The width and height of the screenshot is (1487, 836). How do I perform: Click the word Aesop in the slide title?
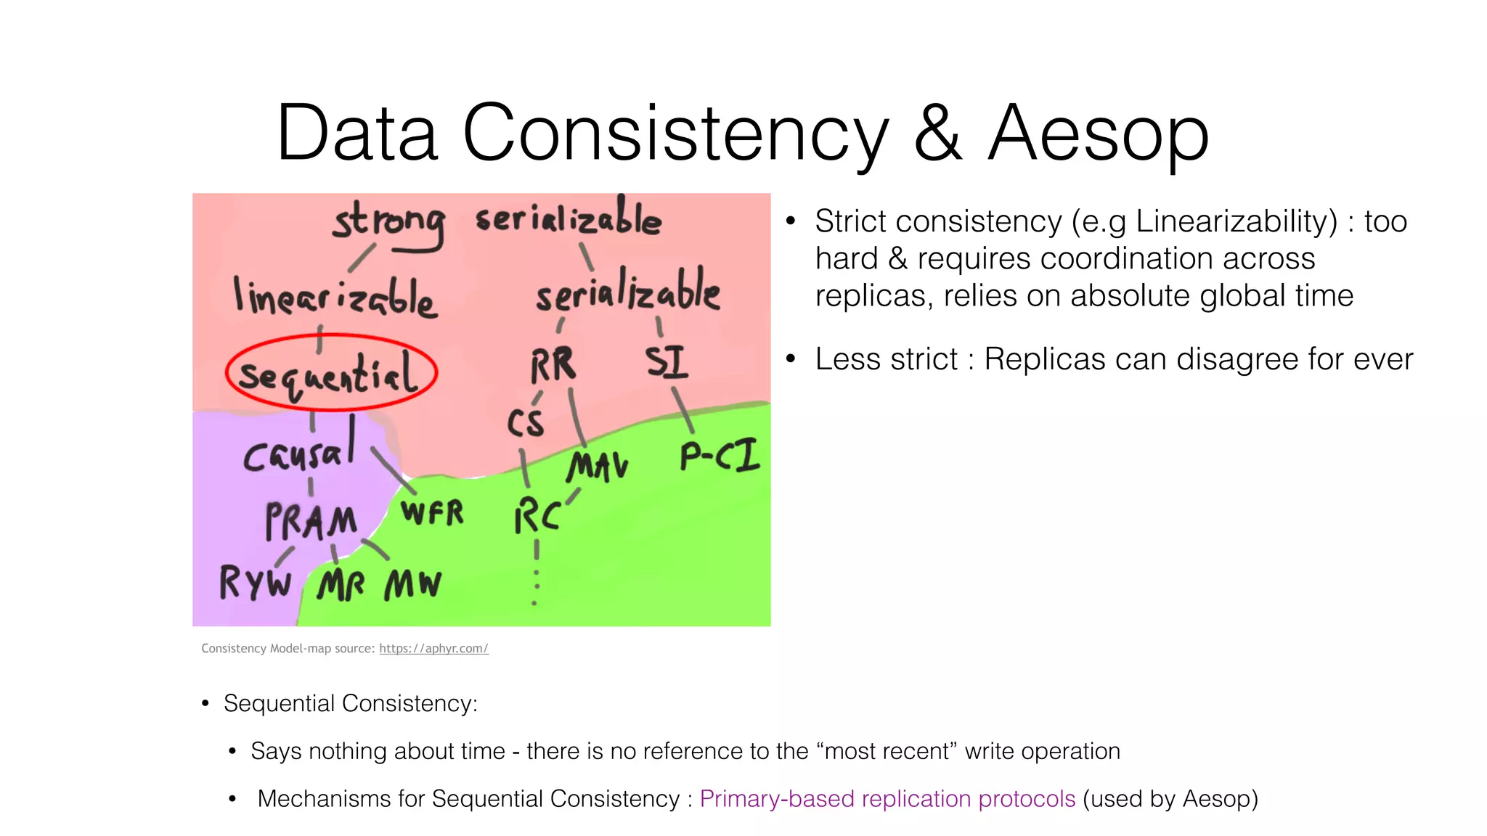[1098, 134]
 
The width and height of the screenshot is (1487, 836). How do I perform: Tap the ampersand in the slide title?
[937, 134]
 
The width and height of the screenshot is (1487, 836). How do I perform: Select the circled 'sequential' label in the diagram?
[330, 373]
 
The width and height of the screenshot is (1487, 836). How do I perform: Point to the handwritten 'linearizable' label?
[335, 298]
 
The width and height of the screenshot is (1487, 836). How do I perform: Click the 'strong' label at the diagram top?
[388, 222]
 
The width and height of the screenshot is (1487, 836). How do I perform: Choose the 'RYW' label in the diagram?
[255, 582]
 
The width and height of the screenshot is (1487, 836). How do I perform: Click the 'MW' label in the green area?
[412, 583]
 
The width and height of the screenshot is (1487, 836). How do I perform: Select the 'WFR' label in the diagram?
[433, 513]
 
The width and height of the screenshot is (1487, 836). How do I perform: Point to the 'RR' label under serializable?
[553, 364]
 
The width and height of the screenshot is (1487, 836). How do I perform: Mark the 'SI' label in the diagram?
[667, 362]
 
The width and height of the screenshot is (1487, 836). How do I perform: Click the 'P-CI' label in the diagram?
[719, 456]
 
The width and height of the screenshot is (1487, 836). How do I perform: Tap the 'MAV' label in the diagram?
[597, 466]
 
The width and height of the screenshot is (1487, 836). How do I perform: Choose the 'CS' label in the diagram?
[525, 423]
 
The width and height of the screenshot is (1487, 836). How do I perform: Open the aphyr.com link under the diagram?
[433, 649]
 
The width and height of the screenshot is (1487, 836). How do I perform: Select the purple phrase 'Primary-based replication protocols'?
[887, 799]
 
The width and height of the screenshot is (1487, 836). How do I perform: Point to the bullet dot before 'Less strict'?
[791, 358]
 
